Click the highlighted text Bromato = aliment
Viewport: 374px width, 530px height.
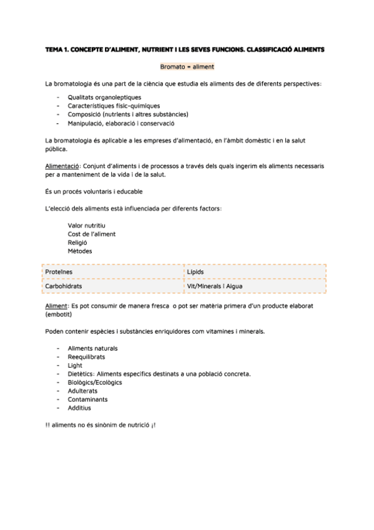click(x=187, y=66)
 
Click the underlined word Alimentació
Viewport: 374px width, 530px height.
click(x=62, y=167)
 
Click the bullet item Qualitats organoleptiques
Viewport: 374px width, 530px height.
click(x=104, y=97)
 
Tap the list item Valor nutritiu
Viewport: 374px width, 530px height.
click(x=86, y=225)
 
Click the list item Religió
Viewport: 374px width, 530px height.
click(x=77, y=242)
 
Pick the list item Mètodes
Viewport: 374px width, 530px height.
click(x=80, y=251)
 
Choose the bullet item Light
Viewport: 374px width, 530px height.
click(x=75, y=366)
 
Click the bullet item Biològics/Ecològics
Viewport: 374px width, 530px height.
click(x=95, y=382)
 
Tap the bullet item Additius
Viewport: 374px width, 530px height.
click(x=79, y=408)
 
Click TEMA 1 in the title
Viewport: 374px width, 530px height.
click(x=58, y=49)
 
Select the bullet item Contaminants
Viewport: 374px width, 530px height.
click(x=87, y=399)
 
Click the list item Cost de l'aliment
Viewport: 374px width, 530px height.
click(x=92, y=234)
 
